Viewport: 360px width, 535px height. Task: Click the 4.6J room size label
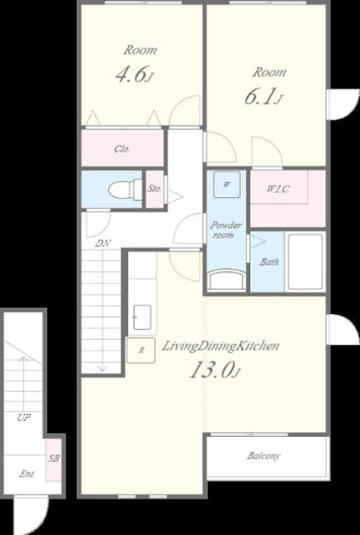[134, 75]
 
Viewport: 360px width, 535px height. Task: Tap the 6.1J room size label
[263, 97]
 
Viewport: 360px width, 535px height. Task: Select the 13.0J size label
[215, 370]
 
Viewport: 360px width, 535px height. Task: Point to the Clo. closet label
[122, 149]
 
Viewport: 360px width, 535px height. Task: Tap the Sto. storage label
[155, 189]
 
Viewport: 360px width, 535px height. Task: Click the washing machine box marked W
[226, 185]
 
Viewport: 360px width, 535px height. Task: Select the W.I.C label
[278, 189]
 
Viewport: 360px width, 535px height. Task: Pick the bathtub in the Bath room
[305, 261]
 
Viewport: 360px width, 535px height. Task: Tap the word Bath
[269, 261]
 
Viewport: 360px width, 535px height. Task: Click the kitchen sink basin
[143, 317]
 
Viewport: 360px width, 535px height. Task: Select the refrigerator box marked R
[141, 350]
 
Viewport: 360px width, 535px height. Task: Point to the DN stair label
[102, 243]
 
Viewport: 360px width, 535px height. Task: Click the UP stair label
[24, 417]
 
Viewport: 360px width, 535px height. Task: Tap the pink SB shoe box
[53, 459]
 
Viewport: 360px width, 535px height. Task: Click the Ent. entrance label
[28, 473]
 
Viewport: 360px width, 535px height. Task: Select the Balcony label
[264, 456]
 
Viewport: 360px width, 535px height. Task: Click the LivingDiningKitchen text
[220, 346]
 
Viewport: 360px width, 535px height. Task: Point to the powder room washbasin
[226, 281]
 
